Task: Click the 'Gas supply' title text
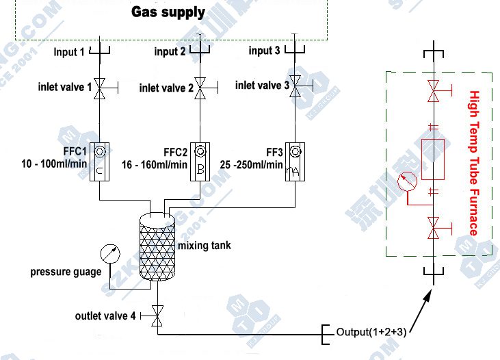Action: (x=168, y=12)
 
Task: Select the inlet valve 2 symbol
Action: (x=200, y=87)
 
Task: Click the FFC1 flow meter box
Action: (x=99, y=162)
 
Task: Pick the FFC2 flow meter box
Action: (x=199, y=162)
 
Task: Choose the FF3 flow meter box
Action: (x=295, y=162)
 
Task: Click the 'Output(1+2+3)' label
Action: (x=371, y=333)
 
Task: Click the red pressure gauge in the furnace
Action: (x=406, y=182)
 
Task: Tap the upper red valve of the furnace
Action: (x=432, y=89)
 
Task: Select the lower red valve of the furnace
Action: (x=432, y=227)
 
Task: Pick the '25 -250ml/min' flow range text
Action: (x=252, y=164)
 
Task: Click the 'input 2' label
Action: (x=170, y=51)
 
